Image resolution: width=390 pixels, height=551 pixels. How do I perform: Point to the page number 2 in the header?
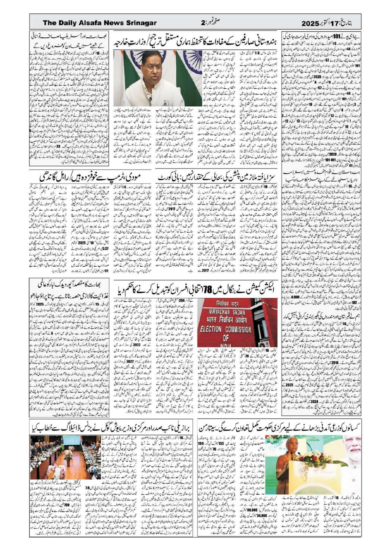pos(203,23)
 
